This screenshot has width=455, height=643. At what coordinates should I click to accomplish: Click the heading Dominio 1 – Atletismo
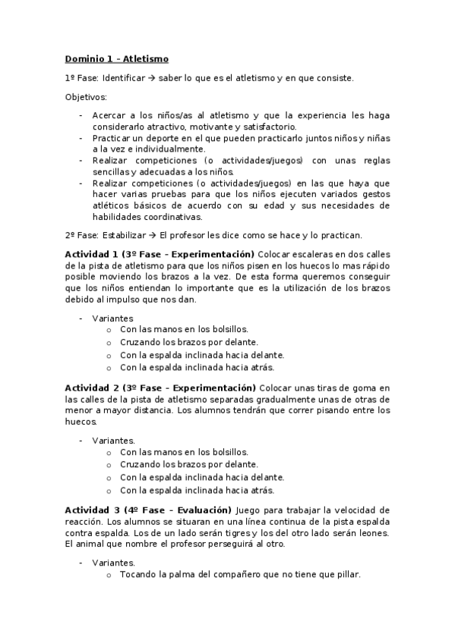pyautogui.click(x=116, y=58)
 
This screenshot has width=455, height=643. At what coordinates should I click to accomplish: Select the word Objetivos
pyautogui.click(x=86, y=97)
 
